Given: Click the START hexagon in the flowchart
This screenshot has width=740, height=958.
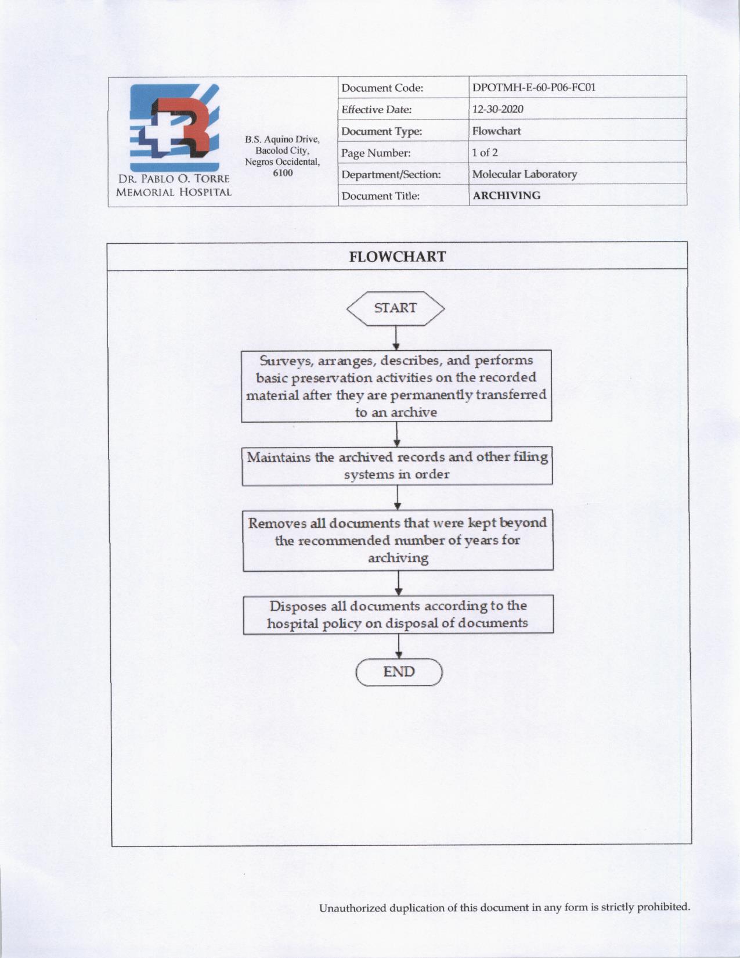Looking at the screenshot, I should pyautogui.click(x=395, y=308).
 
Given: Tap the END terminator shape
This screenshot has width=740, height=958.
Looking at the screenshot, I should pyautogui.click(x=399, y=672).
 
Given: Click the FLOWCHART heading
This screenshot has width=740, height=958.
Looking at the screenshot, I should pyautogui.click(x=398, y=257).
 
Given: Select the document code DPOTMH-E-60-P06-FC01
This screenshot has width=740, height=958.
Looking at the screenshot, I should pyautogui.click(x=534, y=88).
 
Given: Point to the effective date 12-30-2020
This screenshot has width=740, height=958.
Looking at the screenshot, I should pyautogui.click(x=498, y=109).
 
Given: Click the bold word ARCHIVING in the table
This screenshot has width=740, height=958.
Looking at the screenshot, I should pyautogui.click(x=506, y=196).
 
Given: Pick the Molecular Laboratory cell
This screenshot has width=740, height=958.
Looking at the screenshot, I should pyautogui.click(x=524, y=174).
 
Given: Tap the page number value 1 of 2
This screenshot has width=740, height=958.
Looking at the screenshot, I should pyautogui.click(x=485, y=153).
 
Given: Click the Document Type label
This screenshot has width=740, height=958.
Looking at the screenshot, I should pyautogui.click(x=381, y=131).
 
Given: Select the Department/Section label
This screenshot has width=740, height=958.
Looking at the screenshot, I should pyautogui.click(x=391, y=174).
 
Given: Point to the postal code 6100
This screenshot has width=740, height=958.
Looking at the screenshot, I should pyautogui.click(x=283, y=173).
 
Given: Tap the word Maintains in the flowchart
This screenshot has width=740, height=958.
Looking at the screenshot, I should pyautogui.click(x=279, y=457).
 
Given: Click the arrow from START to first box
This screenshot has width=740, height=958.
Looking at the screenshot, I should pyautogui.click(x=396, y=337).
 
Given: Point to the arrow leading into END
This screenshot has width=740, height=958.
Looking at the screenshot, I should pyautogui.click(x=399, y=646).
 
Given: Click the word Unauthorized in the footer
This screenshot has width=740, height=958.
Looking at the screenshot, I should pyautogui.click(x=352, y=908).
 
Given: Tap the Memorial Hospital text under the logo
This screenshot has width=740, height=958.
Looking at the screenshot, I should pyautogui.click(x=174, y=192).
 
